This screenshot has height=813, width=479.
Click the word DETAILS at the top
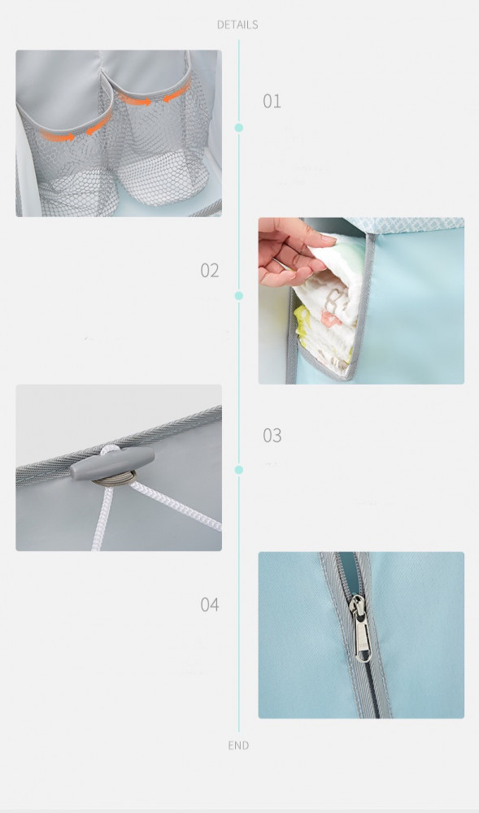(x=237, y=24)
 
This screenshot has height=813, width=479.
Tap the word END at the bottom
(x=238, y=745)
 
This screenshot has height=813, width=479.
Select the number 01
(x=272, y=101)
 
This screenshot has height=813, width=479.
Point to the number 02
(x=210, y=270)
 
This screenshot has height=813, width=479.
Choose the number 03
(x=272, y=435)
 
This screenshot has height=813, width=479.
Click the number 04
(x=210, y=604)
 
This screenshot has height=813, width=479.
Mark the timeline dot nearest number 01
(x=239, y=128)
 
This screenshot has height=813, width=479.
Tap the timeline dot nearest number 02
(x=239, y=296)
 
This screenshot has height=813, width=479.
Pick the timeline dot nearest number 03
(x=239, y=469)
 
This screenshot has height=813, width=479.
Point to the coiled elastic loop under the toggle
(x=115, y=478)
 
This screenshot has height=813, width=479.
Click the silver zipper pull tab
(x=360, y=628)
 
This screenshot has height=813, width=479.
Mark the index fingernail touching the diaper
(x=329, y=238)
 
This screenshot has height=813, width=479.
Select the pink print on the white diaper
(x=330, y=320)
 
